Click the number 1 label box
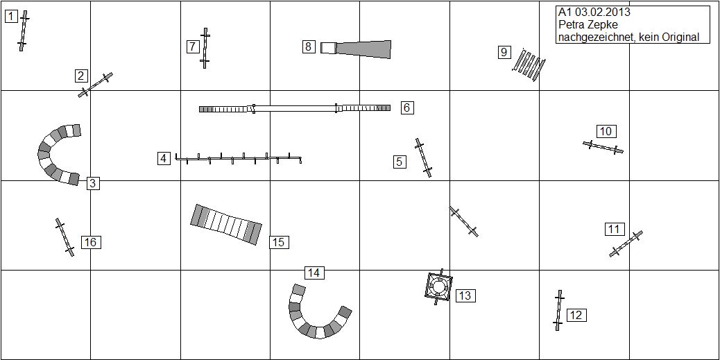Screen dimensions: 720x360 point(11,17)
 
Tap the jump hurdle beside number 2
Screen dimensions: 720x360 point(95,85)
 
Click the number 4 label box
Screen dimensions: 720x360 point(164,159)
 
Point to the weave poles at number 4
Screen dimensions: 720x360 point(239,158)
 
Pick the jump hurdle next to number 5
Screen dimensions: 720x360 point(423,157)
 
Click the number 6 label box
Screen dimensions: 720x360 point(407,108)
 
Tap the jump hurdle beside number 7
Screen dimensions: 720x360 point(205,48)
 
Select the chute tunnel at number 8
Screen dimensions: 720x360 point(356,49)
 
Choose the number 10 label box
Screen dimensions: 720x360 point(606,131)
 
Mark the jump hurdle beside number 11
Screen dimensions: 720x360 point(626,243)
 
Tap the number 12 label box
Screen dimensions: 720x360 point(576,316)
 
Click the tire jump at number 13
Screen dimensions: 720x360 point(438,286)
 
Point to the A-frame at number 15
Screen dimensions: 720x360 point(226,225)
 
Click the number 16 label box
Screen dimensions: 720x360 point(91,242)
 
